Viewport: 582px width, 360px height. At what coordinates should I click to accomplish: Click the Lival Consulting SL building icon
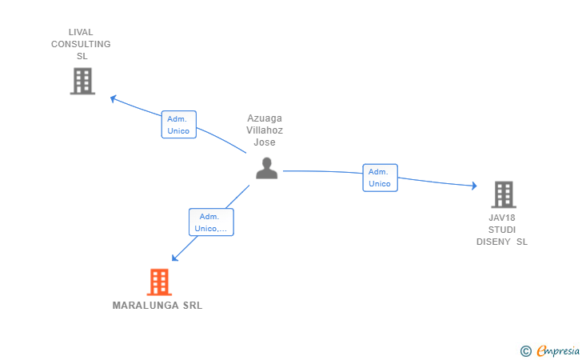click(x=82, y=81)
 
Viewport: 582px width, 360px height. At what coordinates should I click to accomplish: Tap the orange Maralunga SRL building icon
click(x=159, y=282)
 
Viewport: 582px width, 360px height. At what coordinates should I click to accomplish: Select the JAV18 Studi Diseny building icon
click(x=503, y=194)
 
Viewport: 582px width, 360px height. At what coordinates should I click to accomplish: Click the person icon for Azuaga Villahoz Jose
click(x=266, y=167)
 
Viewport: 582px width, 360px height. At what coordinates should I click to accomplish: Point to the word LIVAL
click(x=81, y=33)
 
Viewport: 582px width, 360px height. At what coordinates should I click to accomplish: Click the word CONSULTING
click(x=81, y=45)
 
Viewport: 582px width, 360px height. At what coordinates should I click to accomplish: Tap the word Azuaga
click(x=265, y=118)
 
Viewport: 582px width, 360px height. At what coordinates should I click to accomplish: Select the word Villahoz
click(x=265, y=130)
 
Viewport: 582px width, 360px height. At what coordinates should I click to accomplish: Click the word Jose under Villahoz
click(x=265, y=142)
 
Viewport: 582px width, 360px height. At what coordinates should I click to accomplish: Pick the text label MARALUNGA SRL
click(x=157, y=306)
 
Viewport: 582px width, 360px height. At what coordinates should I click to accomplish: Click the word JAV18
click(x=502, y=218)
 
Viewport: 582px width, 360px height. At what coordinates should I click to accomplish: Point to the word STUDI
click(x=502, y=230)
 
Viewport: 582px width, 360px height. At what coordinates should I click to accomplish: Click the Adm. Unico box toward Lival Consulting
click(x=178, y=125)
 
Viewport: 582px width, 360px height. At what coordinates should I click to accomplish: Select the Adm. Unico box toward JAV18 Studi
click(x=380, y=178)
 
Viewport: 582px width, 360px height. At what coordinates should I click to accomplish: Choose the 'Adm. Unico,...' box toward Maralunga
click(x=211, y=222)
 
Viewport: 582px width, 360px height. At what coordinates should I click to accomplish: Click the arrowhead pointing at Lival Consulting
click(x=114, y=98)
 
